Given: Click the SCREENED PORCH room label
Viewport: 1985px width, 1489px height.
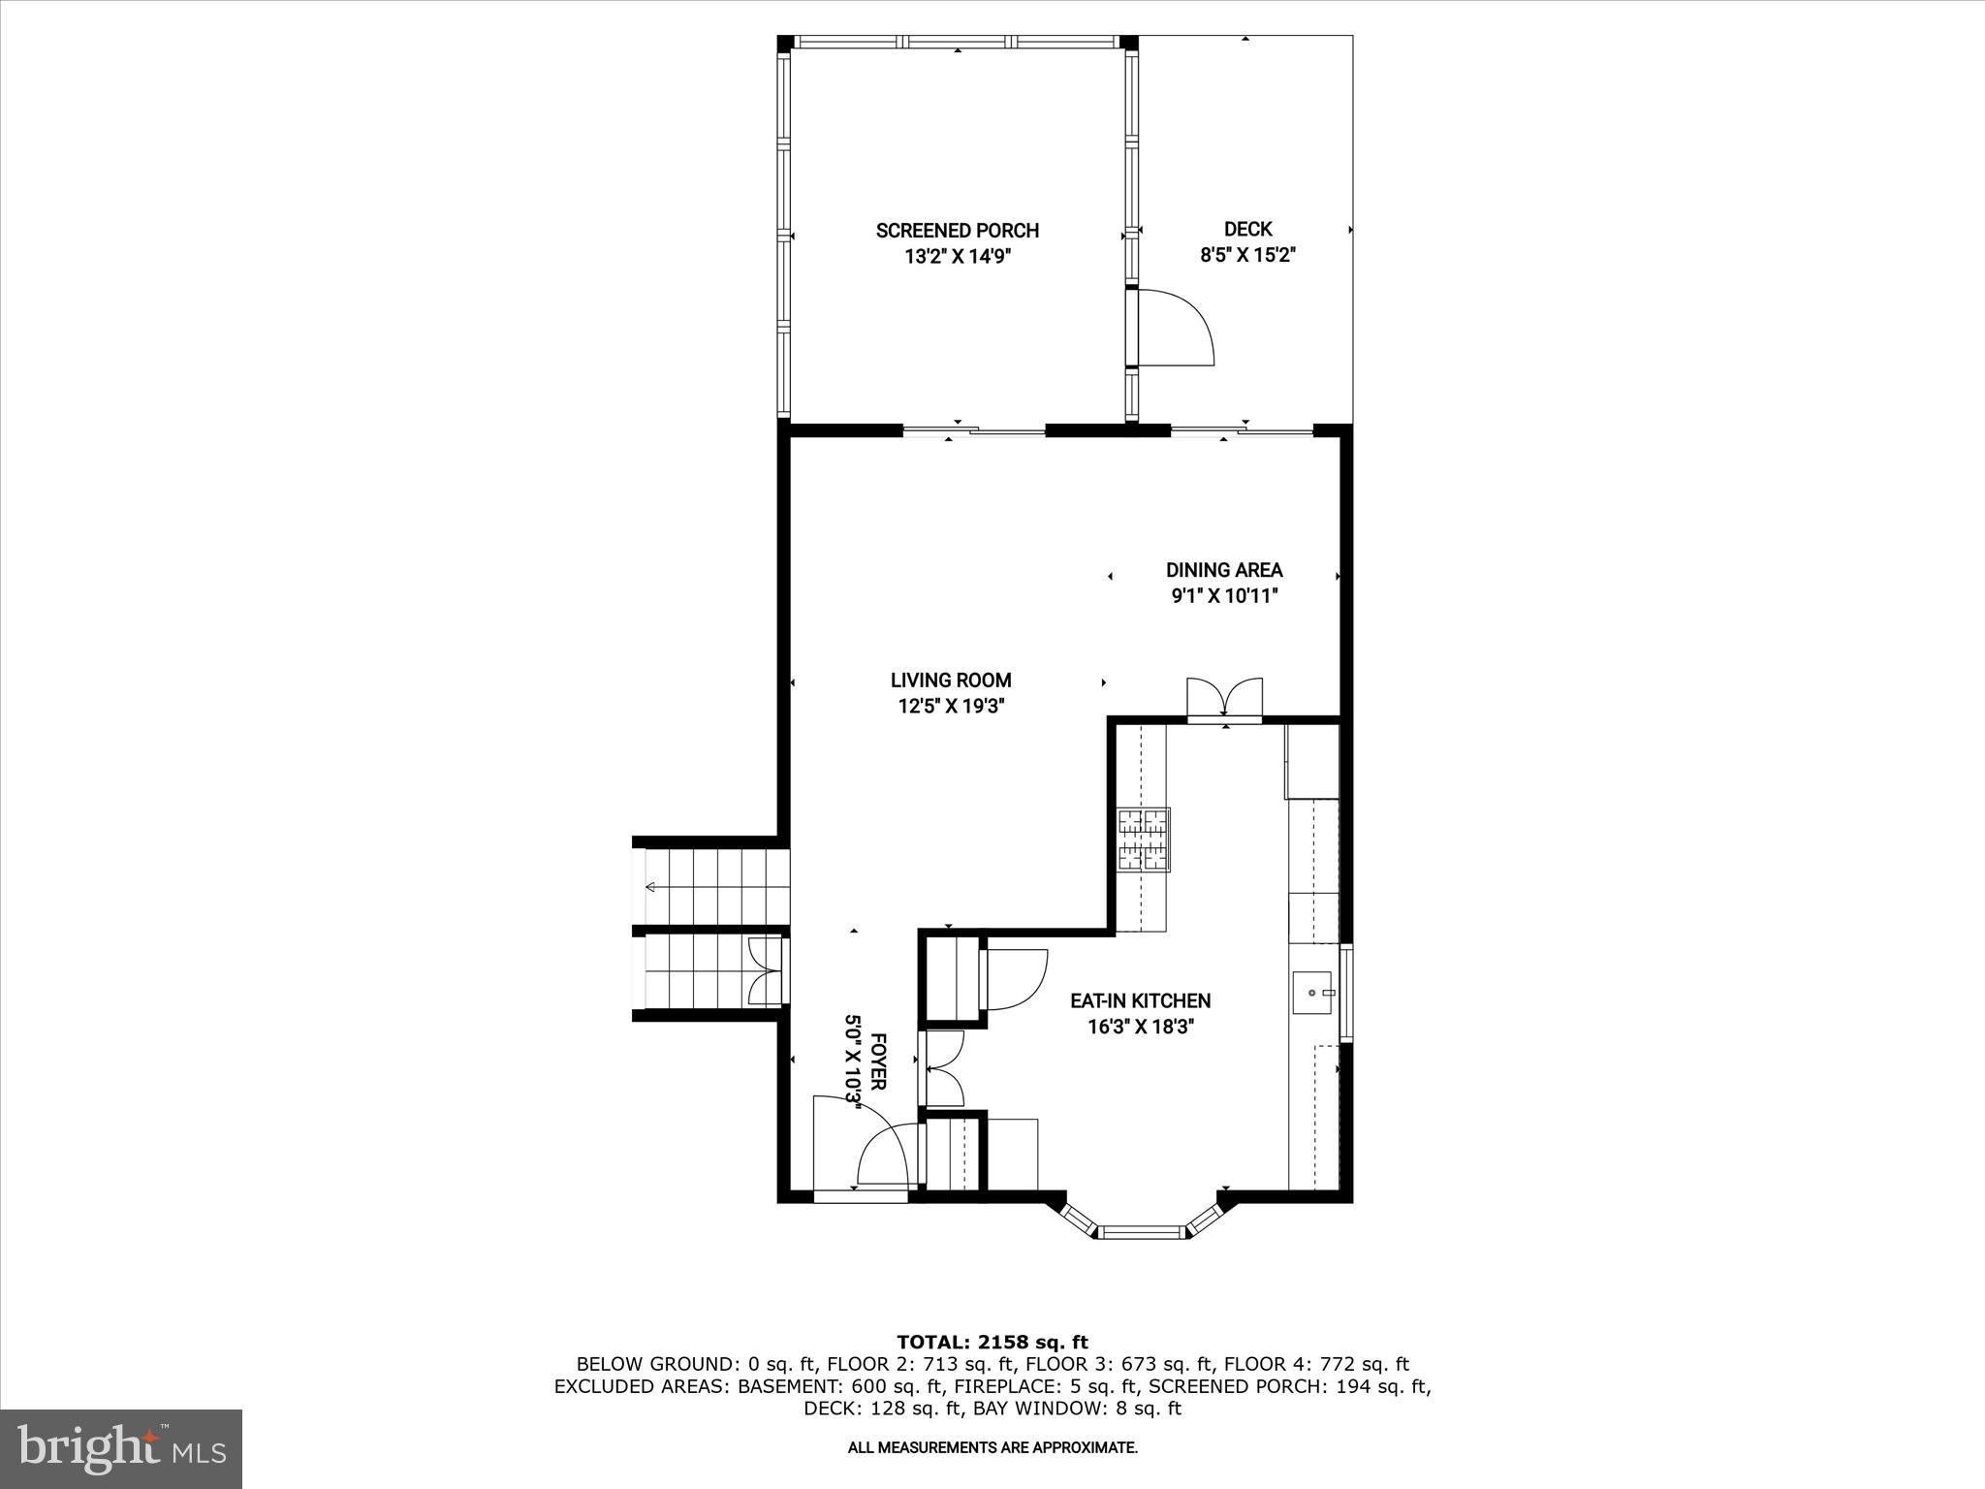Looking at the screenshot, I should click(x=957, y=231).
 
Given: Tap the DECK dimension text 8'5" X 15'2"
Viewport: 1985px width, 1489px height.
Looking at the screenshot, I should click(x=1247, y=256).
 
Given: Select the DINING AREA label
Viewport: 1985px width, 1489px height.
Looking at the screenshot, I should click(x=1223, y=570).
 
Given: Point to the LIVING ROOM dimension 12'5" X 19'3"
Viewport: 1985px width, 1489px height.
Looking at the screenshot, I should click(x=950, y=707).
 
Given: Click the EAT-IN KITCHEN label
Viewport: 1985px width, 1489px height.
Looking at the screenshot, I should click(x=1140, y=1000).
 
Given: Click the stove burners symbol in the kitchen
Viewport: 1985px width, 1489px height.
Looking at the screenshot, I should click(x=1145, y=838).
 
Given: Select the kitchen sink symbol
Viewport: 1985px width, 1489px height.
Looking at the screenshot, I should click(x=1313, y=993).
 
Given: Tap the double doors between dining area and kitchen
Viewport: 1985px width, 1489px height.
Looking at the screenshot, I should click(x=1225, y=697).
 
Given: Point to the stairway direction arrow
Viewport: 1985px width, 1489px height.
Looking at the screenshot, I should click(x=650, y=887).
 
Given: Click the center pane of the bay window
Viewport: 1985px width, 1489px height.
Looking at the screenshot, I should click(x=1144, y=1233).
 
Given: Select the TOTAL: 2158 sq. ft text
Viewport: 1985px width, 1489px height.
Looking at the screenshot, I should click(x=992, y=1343).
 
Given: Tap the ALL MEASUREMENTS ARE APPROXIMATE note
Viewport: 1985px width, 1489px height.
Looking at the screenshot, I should click(x=992, y=1448).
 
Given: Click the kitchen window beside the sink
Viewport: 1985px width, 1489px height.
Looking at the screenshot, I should click(x=1346, y=993).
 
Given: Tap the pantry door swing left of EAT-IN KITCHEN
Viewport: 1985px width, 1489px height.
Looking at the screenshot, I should click(x=1016, y=979).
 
